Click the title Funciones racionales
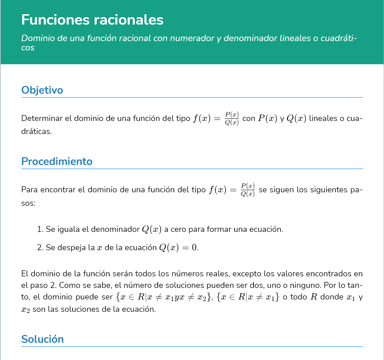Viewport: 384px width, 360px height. pos(92,20)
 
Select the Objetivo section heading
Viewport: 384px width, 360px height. pos(42,90)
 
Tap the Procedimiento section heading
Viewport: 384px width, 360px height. pos(57,161)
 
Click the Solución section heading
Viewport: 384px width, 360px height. pos(43,339)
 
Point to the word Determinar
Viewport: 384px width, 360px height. pos(42,119)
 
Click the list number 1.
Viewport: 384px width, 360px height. pos(40,229)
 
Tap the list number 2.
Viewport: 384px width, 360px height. pos(40,248)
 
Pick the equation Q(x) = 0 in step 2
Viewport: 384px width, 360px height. pos(178,248)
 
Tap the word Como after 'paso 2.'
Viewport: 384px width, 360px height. pos(69,286)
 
